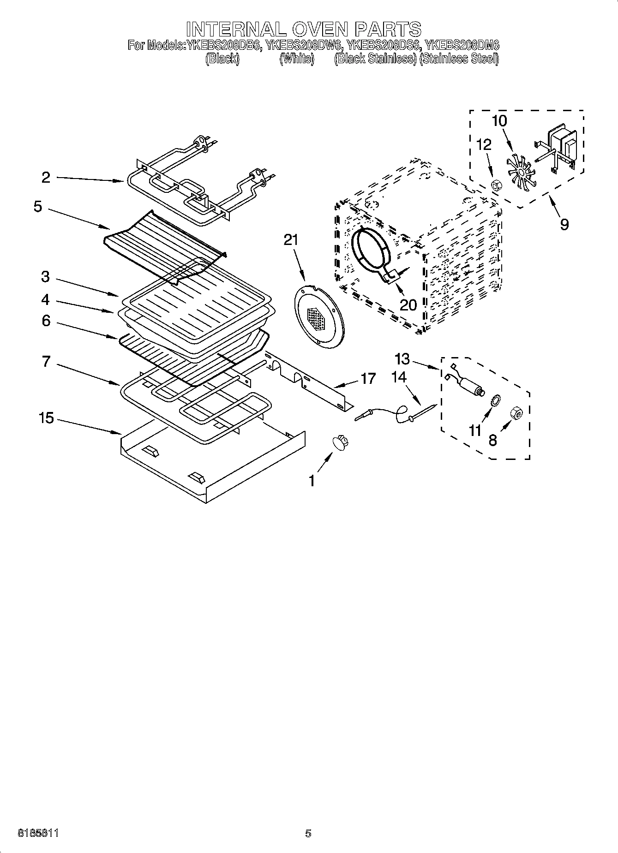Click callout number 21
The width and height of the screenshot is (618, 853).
click(x=291, y=240)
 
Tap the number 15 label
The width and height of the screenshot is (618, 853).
click(x=46, y=418)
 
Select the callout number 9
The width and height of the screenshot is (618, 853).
click(x=564, y=225)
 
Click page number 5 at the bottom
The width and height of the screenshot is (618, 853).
click(x=308, y=833)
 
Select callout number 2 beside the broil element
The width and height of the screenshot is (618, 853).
click(x=46, y=178)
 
